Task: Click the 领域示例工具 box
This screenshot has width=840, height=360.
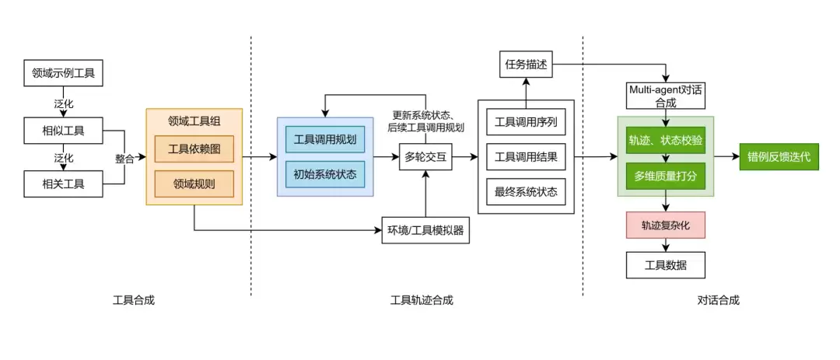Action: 63,75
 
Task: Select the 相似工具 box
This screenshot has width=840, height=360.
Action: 63,130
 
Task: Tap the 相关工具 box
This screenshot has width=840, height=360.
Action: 63,184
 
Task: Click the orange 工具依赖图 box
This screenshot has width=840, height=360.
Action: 194,149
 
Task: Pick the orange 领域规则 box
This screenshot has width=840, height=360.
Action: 194,184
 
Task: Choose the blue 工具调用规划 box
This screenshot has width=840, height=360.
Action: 325,139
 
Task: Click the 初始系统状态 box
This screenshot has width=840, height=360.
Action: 325,174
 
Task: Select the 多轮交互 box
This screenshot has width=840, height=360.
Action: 425,157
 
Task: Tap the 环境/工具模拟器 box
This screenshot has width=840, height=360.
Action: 426,229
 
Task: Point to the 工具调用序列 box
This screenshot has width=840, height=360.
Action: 526,122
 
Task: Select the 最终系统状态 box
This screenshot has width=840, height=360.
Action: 526,190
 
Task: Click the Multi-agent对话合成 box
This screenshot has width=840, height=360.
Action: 666,96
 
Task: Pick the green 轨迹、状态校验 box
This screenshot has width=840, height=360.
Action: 666,140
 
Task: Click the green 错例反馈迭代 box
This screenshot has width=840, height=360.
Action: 779,157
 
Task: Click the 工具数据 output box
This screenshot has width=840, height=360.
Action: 666,265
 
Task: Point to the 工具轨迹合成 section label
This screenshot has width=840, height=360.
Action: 421,300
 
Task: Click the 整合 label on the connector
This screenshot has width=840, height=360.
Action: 124,158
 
